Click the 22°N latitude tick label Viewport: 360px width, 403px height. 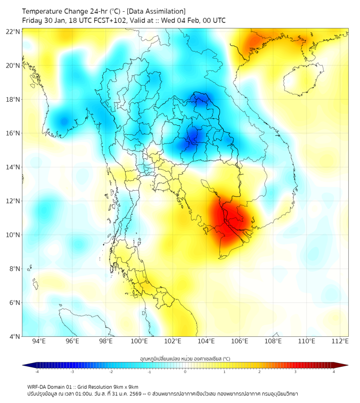[x=13, y=32]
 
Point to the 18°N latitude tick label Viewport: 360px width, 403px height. [x=13, y=100]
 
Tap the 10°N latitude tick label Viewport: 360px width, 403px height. [x=13, y=235]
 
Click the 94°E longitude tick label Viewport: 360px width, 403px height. [x=39, y=341]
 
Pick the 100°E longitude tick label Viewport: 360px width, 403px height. [x=140, y=341]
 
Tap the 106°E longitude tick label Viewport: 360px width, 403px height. [x=240, y=341]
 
